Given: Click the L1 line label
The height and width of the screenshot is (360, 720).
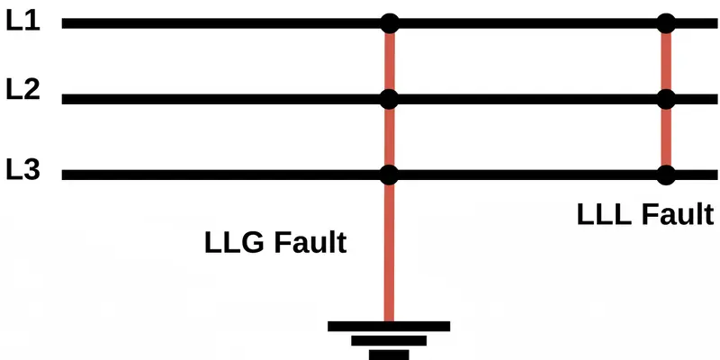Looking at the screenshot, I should tap(22, 21).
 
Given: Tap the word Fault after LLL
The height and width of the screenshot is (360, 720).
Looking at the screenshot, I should tap(674, 215).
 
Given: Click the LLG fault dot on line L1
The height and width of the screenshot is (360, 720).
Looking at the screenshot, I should tap(390, 23).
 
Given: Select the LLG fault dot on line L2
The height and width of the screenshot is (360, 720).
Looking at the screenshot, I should tap(390, 98).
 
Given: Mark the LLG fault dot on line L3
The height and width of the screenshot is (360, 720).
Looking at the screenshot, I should tap(390, 174).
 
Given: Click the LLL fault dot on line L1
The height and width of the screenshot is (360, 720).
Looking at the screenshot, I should tap(666, 23).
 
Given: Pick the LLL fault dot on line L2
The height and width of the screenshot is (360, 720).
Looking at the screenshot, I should tap(666, 98).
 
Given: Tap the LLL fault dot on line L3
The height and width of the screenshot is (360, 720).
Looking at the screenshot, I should tap(666, 174).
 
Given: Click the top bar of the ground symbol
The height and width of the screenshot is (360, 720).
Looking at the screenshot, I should tap(389, 326).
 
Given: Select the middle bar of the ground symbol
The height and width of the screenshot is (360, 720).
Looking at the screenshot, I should tap(389, 340).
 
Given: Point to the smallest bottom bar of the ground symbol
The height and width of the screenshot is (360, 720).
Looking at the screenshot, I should tap(389, 354).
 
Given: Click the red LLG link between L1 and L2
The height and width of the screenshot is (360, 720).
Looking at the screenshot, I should tap(390, 61).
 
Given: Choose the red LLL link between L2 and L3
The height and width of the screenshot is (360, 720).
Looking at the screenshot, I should tap(666, 136).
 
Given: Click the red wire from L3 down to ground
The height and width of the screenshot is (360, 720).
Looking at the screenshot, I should tap(390, 252).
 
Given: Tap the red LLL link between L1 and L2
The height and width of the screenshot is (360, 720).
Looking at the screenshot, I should tap(666, 61).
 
